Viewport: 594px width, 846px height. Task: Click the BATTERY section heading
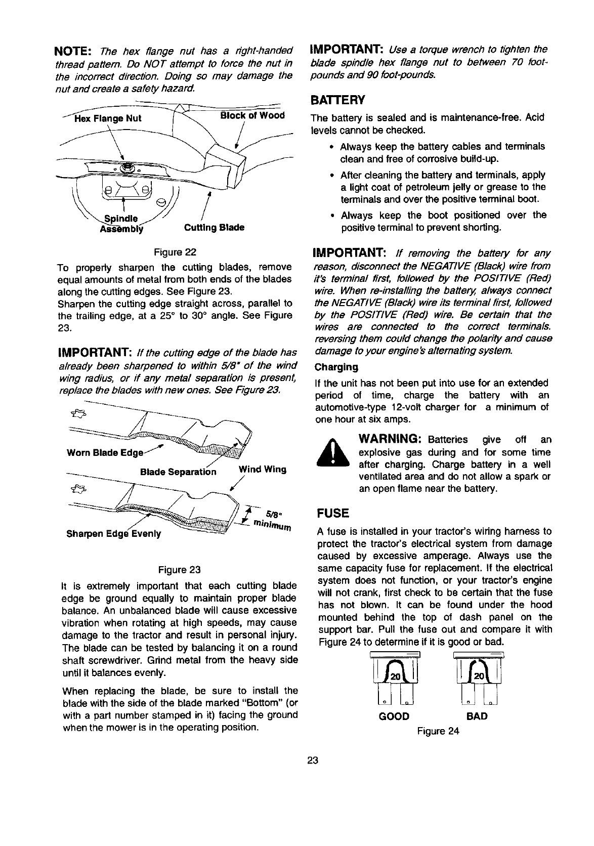[337, 99]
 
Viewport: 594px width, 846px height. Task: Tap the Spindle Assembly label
[121, 223]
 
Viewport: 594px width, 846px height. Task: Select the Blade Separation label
[178, 472]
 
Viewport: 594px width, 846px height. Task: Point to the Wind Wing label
[262, 469]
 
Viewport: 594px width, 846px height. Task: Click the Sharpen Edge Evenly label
[114, 533]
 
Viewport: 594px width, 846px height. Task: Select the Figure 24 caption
[438, 731]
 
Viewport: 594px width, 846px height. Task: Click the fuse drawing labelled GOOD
[394, 681]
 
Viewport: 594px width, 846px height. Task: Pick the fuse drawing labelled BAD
[477, 681]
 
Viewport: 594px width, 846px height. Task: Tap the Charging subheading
[336, 367]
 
